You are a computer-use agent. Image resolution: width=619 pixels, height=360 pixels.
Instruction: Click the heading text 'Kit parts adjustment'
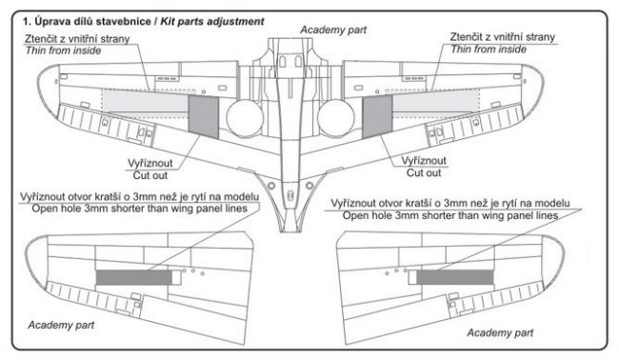[x=212, y=21]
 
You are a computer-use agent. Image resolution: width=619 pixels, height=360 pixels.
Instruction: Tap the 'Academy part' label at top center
[x=333, y=30]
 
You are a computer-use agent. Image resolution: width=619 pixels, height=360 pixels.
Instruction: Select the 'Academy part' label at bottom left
[x=61, y=326]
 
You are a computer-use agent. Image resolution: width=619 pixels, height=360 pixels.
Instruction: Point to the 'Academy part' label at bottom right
[x=500, y=332]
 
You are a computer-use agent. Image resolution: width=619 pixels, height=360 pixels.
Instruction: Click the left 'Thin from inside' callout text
[x=63, y=50]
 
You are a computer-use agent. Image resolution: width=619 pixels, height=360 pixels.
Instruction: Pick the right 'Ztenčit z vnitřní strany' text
[x=503, y=37]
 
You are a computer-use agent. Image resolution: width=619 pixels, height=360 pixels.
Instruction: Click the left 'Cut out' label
[x=150, y=175]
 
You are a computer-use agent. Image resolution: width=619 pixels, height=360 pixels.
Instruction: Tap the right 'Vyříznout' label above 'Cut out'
[x=424, y=161]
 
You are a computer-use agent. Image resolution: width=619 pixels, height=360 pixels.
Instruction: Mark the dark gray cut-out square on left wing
[x=203, y=117]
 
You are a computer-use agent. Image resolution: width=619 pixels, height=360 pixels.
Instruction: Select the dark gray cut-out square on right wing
[x=377, y=117]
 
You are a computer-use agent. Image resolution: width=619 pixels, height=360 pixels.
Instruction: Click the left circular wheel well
[x=245, y=118]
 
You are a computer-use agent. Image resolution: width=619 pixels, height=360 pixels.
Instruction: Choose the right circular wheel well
[x=336, y=118]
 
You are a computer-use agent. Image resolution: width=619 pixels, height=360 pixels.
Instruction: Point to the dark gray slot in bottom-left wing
[x=134, y=277]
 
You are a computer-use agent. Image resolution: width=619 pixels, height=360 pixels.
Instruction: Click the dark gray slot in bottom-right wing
[x=455, y=277]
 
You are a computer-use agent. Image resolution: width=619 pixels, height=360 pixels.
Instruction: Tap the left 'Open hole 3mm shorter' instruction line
[x=139, y=209]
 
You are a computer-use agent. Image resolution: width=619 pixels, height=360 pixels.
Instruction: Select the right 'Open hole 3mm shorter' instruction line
[x=450, y=215]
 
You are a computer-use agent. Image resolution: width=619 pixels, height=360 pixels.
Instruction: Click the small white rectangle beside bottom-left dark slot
[x=177, y=277]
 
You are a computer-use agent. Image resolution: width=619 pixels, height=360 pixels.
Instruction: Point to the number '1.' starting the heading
[x=27, y=21]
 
